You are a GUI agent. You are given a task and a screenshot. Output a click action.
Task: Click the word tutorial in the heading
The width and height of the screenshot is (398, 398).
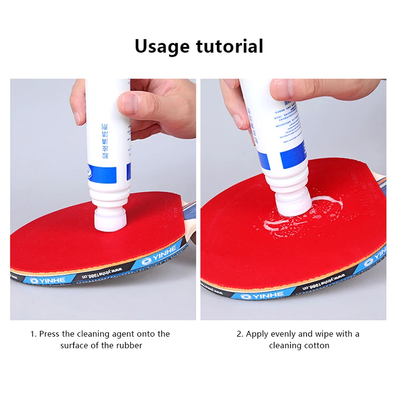[229, 46]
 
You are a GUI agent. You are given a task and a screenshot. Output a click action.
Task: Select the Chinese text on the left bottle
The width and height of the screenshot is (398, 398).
[104, 142]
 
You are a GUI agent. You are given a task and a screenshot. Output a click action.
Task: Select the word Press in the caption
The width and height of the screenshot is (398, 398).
[50, 334]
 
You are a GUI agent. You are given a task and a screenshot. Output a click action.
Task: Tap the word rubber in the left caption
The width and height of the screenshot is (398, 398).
[130, 345]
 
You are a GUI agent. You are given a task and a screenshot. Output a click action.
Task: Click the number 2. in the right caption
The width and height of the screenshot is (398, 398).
[240, 334]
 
